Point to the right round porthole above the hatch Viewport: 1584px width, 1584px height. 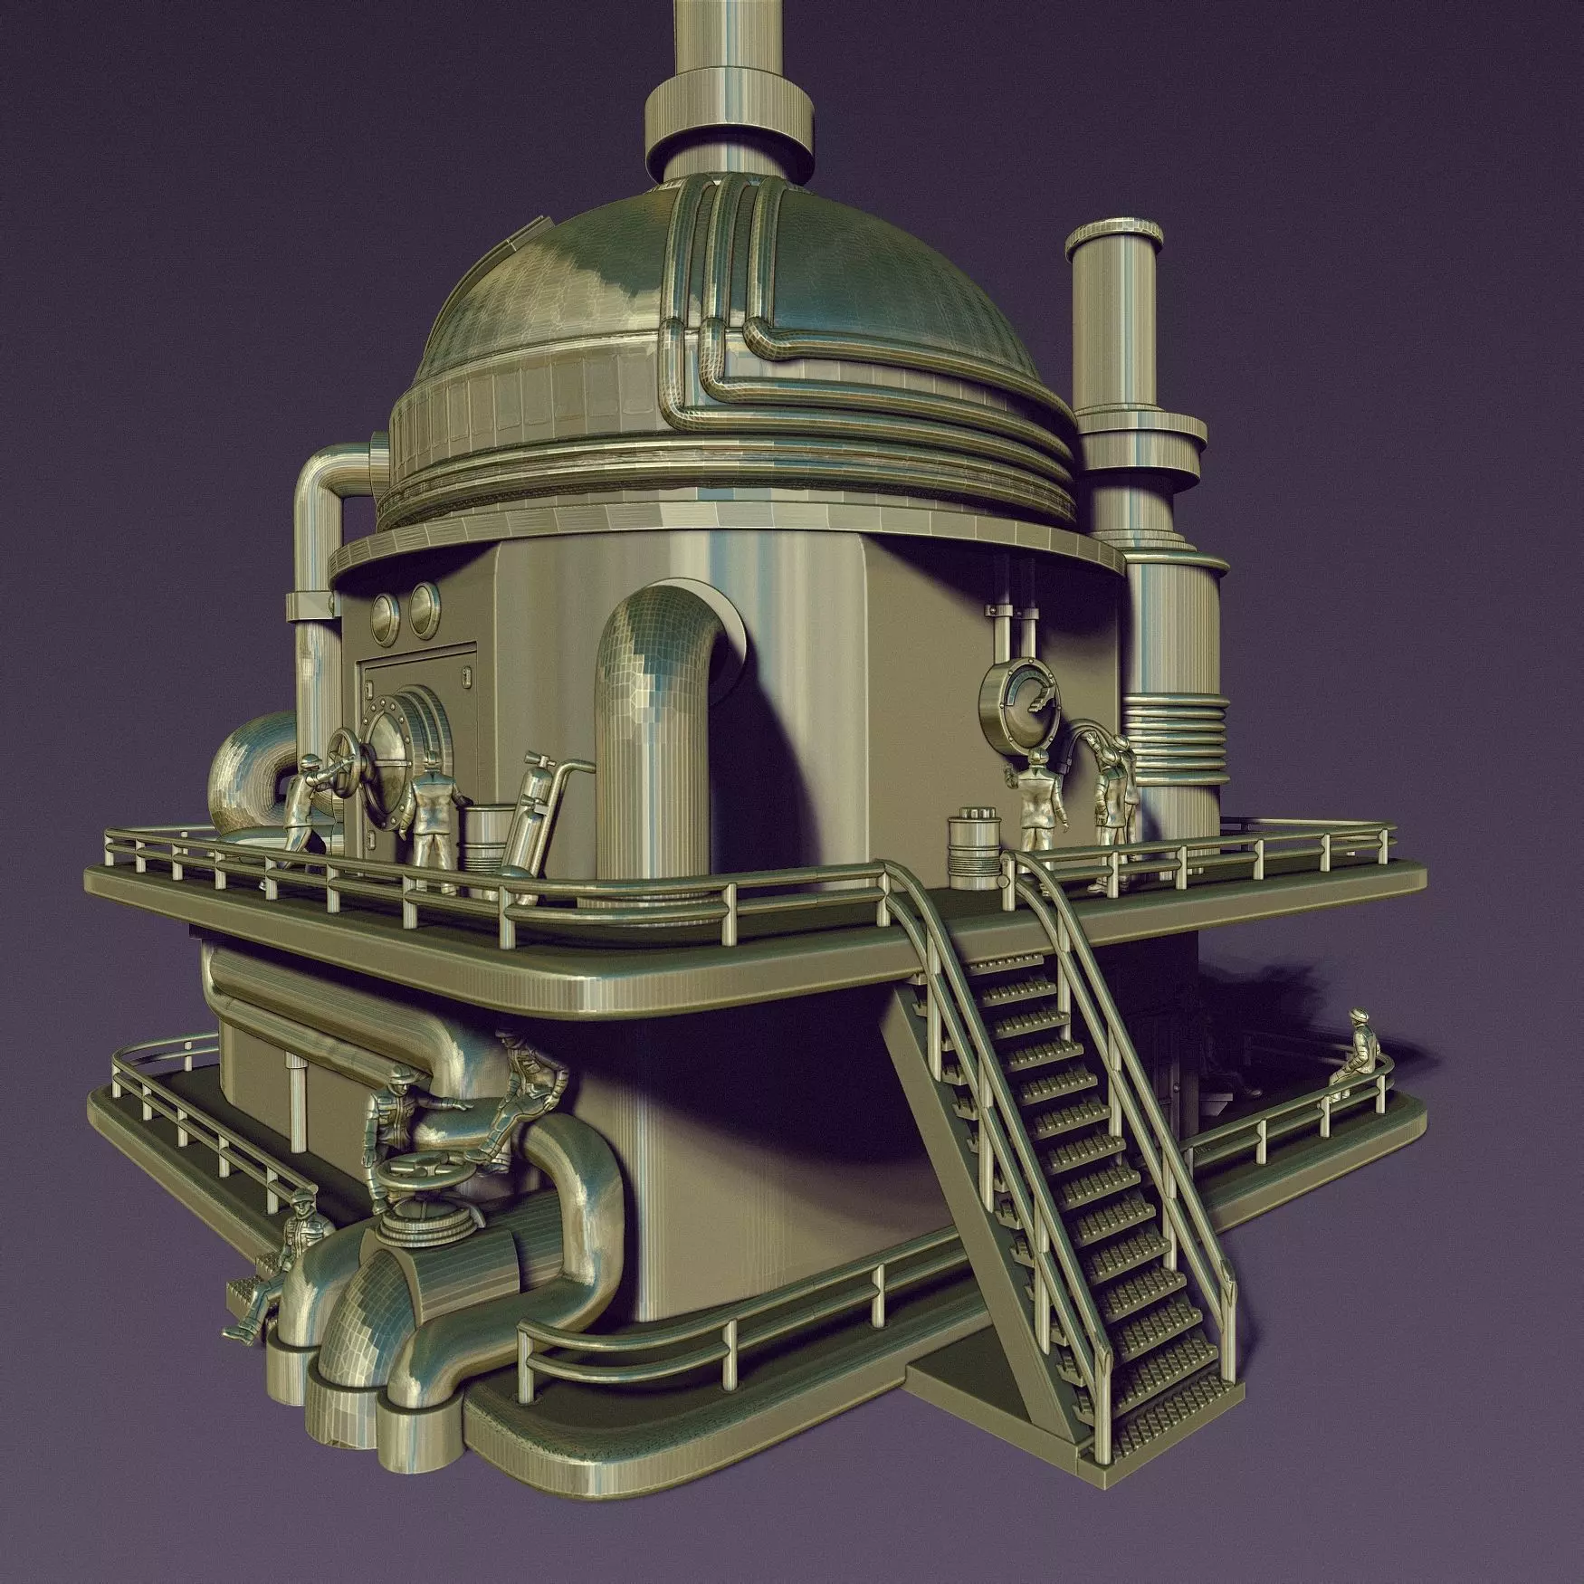click(424, 602)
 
